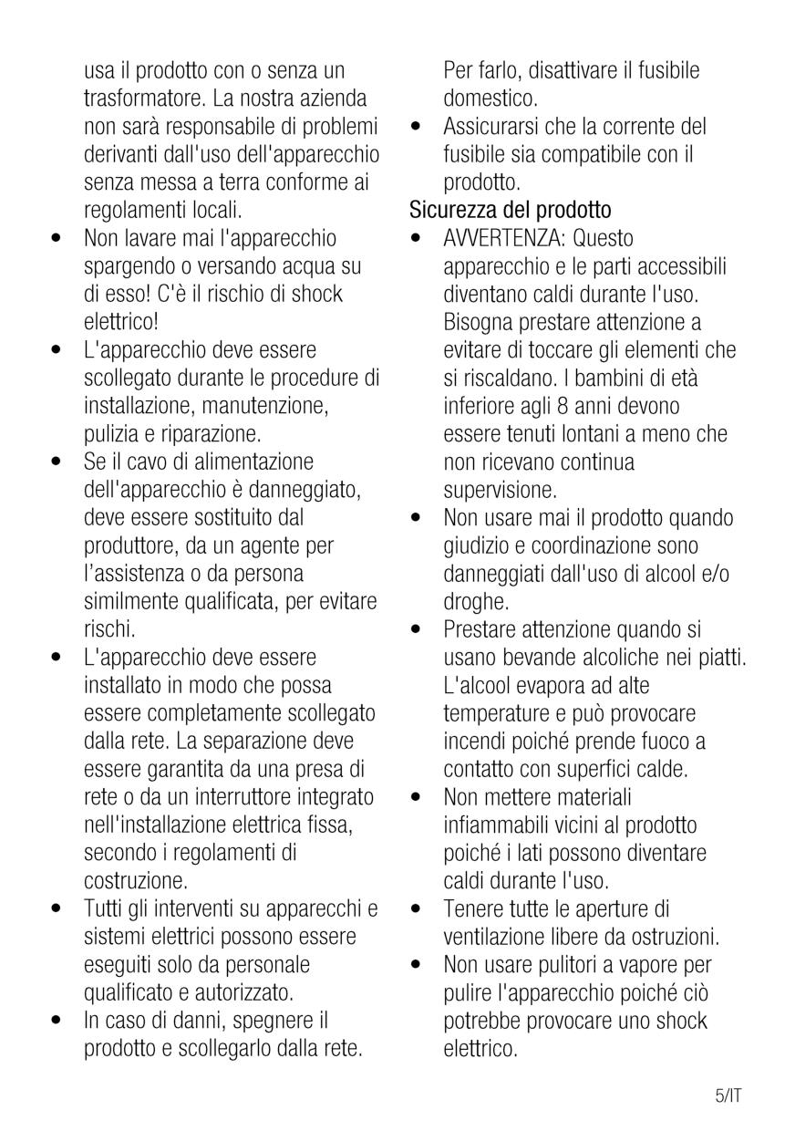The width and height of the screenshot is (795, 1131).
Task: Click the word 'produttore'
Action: click(131, 545)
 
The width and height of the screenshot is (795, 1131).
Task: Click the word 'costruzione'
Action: click(135, 882)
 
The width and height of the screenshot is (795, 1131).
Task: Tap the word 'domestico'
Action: click(490, 98)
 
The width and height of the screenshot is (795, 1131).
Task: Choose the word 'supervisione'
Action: click(499, 490)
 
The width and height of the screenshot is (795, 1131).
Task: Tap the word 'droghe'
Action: click(474, 602)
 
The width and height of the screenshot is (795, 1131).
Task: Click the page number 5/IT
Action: click(728, 1095)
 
